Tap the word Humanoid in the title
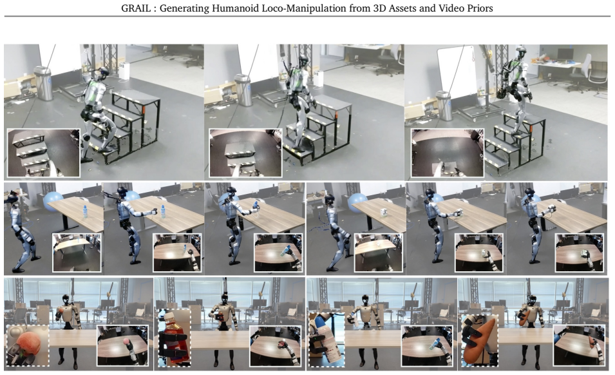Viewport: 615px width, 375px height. (x=228, y=8)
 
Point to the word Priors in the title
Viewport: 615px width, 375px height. (x=480, y=8)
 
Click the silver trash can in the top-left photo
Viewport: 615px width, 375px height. (x=43, y=83)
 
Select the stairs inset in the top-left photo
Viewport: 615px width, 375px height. (x=44, y=153)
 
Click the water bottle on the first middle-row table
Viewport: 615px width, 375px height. (x=85, y=212)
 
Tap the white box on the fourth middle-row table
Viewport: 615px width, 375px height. (x=383, y=212)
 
